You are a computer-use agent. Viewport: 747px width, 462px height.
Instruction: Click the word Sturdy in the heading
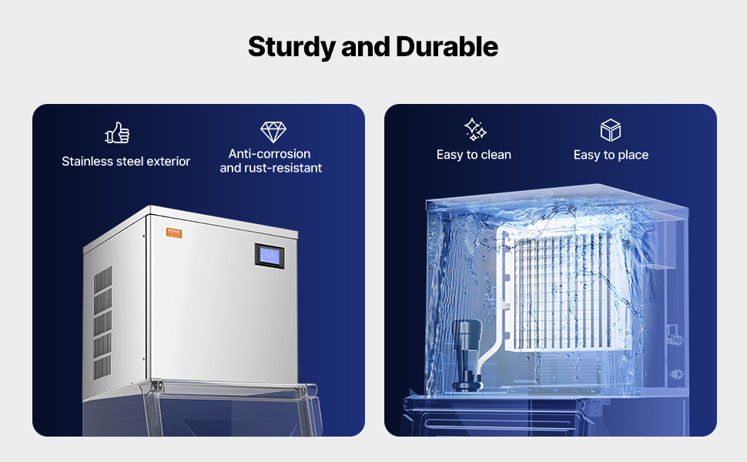(292, 47)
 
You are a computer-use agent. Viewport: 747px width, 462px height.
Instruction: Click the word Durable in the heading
(447, 47)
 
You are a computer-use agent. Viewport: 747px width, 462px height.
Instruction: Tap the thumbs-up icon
(117, 132)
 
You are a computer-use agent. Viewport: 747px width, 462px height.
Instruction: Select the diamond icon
(273, 132)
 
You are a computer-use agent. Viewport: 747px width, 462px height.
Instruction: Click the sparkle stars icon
(475, 129)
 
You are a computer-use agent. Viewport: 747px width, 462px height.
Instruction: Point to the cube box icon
(610, 130)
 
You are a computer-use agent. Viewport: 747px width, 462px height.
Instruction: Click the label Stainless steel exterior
(126, 162)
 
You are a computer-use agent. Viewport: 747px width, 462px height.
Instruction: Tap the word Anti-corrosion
(270, 154)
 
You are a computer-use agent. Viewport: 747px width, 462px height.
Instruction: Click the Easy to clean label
(474, 155)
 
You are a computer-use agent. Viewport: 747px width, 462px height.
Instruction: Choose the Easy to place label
(611, 155)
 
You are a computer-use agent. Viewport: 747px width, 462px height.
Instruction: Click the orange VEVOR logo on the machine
(174, 233)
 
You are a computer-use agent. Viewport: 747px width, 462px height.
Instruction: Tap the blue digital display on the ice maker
(270, 256)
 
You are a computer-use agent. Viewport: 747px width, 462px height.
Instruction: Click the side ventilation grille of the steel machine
(102, 323)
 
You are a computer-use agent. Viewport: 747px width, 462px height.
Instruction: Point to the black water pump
(467, 355)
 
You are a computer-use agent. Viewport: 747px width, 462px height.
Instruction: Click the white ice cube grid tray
(562, 290)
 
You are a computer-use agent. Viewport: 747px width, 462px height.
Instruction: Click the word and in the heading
(365, 47)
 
